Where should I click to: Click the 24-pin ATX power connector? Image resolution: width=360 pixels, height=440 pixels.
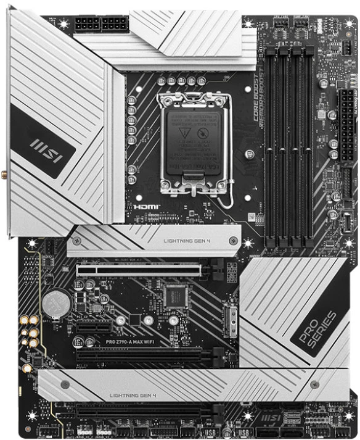pos(346,114)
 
